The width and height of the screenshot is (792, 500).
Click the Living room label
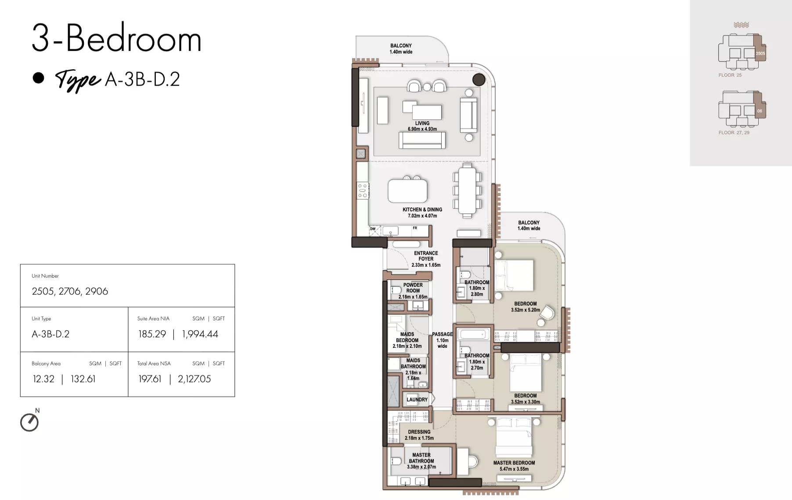coord(422,126)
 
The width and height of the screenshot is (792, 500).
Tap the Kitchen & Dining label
coord(422,213)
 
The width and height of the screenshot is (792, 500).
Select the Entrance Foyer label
coord(426,259)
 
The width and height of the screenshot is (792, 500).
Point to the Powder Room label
coord(413,291)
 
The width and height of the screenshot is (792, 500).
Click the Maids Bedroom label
coord(407,340)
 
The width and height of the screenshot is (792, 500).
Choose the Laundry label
coord(417,400)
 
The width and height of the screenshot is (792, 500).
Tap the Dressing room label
coord(419,435)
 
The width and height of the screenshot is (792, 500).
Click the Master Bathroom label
coord(421,461)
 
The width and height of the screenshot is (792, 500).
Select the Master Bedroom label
coord(514,466)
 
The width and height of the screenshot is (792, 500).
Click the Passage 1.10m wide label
coord(443,340)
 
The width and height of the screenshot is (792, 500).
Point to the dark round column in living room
coord(479,79)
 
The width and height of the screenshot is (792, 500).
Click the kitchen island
coord(407,190)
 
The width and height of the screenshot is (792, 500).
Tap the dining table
coord(467,190)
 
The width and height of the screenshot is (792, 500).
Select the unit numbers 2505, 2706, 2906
coord(70,291)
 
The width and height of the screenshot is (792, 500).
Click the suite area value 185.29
coord(152,334)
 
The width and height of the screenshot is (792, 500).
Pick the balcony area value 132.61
coord(83,379)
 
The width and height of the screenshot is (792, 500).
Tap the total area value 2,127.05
coord(194,379)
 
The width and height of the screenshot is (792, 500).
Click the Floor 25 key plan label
coord(730,75)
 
